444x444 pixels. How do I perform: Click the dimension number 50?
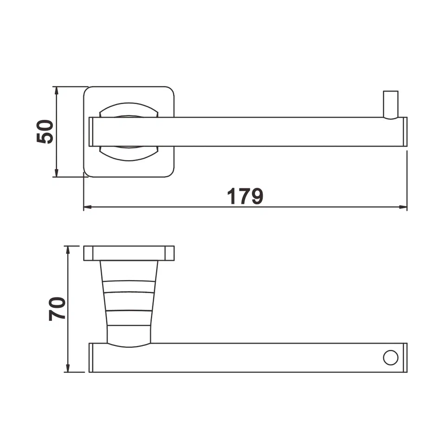coord(45,131)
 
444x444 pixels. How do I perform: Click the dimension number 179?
coord(245,196)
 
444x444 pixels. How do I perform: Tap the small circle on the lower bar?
coord(390,358)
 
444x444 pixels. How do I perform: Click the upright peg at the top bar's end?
coord(390,104)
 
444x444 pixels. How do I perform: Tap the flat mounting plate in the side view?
coord(129,253)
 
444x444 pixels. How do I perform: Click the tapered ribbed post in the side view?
coord(129,302)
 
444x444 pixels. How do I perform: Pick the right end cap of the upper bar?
coord(405,132)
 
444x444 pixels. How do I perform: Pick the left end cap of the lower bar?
coord(91,358)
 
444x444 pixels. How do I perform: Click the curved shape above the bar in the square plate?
coord(129,111)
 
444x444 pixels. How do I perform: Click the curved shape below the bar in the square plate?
coord(129,153)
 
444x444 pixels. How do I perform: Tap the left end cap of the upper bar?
coord(91,132)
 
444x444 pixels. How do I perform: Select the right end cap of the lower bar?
coord(405,358)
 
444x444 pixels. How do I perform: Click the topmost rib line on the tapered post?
coord(129,281)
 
